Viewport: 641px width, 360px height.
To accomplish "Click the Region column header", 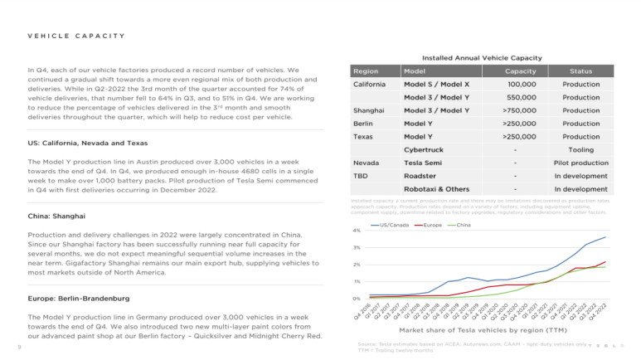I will [x=366, y=71].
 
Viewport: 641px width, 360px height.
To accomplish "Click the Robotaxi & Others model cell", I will [x=437, y=189].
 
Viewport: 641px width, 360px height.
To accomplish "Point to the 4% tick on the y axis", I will [x=356, y=230].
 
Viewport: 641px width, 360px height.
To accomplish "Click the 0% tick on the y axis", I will [x=356, y=298].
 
